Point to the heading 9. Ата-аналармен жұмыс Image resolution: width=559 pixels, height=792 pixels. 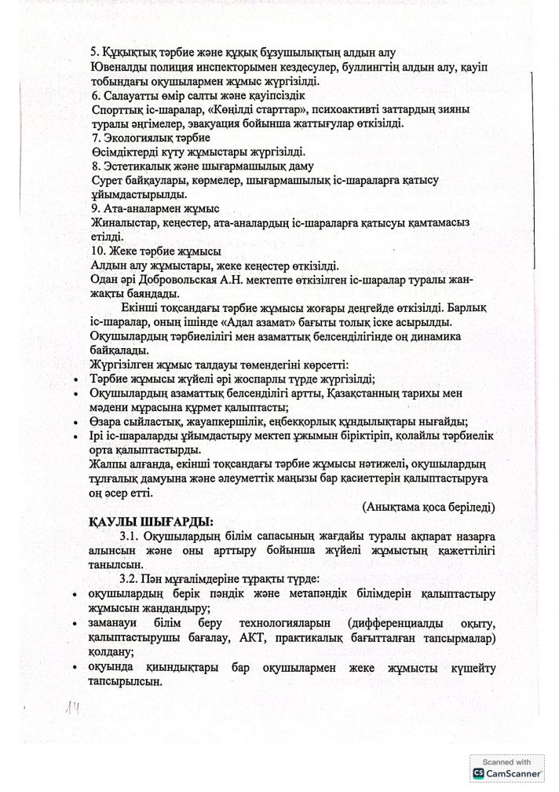point(155,208)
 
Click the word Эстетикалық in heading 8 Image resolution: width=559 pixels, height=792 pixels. point(137,166)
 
